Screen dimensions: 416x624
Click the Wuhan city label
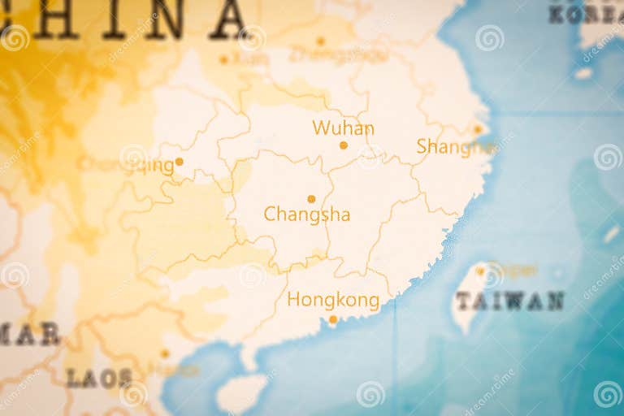coord(343,128)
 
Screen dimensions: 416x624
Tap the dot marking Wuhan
coord(343,145)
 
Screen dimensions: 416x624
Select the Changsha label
coord(307,214)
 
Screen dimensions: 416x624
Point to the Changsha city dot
coord(311,199)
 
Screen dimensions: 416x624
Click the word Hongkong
coord(333,301)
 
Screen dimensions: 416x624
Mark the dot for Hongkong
coord(332,319)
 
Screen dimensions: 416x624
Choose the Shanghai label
coord(455,146)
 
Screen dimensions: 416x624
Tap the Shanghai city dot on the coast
coord(478,129)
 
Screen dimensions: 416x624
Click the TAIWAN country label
coord(509,301)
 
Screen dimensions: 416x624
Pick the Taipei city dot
coord(480,271)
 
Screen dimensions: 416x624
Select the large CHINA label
coord(130,18)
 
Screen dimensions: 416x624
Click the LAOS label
coord(98,378)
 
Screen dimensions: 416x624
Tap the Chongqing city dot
coord(179,162)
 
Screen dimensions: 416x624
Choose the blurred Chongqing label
coord(127,165)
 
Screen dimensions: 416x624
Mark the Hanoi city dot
coord(164,353)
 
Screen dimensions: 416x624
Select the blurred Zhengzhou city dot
coord(320,41)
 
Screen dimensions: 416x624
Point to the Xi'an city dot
coord(223,58)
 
